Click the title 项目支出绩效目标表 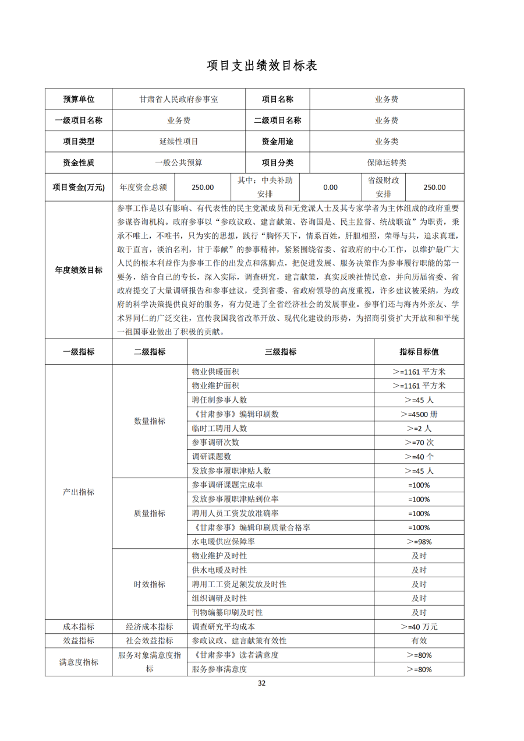coord(261,66)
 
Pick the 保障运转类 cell coord(387,163)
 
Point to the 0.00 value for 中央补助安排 coord(330,188)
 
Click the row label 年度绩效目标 coord(79,270)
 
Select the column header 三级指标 coord(281,352)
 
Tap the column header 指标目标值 coord(419,352)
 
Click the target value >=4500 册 coord(419,414)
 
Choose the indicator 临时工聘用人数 coord(219,428)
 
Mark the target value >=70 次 coord(419,443)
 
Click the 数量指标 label coord(150,421)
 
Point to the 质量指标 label coord(150,513)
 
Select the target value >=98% coord(419,542)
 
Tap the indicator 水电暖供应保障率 coord(223,542)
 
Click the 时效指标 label coord(150,584)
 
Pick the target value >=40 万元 coord(419,627)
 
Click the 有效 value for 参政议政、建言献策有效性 coord(419,641)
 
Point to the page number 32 coord(261,683)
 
